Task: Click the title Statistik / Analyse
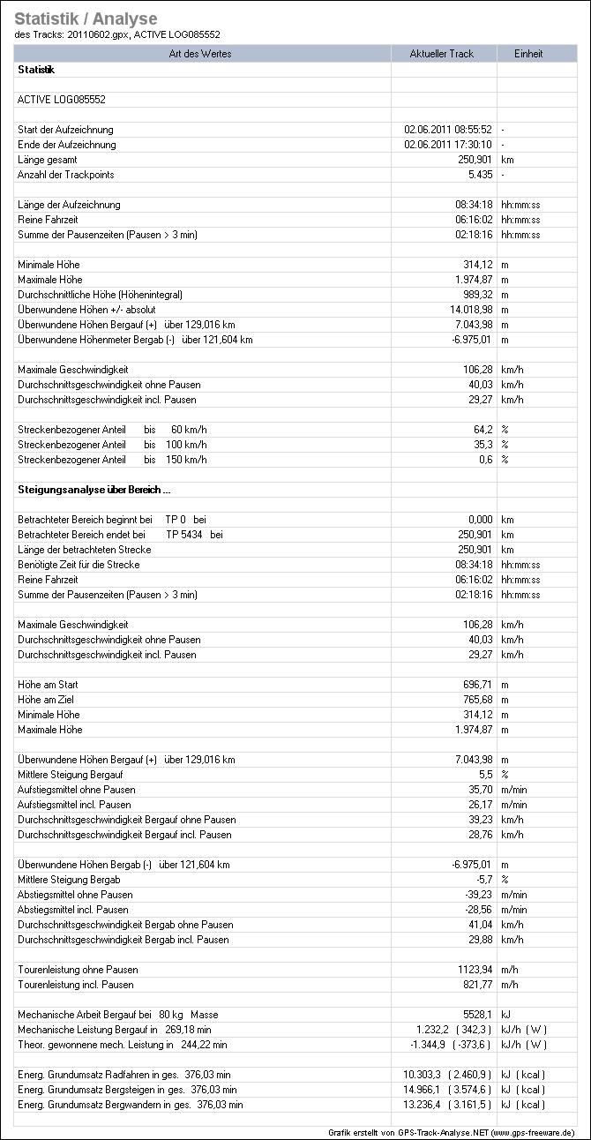tap(86, 19)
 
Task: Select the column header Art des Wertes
tap(203, 54)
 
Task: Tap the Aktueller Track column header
tap(442, 54)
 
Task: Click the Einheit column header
tap(528, 54)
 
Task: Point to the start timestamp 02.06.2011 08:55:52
tap(447, 130)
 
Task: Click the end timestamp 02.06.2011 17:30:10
tap(447, 145)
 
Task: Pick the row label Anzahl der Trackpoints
tap(65, 175)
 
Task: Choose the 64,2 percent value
tap(480, 430)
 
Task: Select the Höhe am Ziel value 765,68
tap(472, 700)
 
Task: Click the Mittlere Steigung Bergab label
tap(69, 880)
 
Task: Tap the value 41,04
tap(476, 925)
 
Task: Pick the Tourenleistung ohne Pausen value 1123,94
tap(469, 970)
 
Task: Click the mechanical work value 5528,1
tap(475, 1015)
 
